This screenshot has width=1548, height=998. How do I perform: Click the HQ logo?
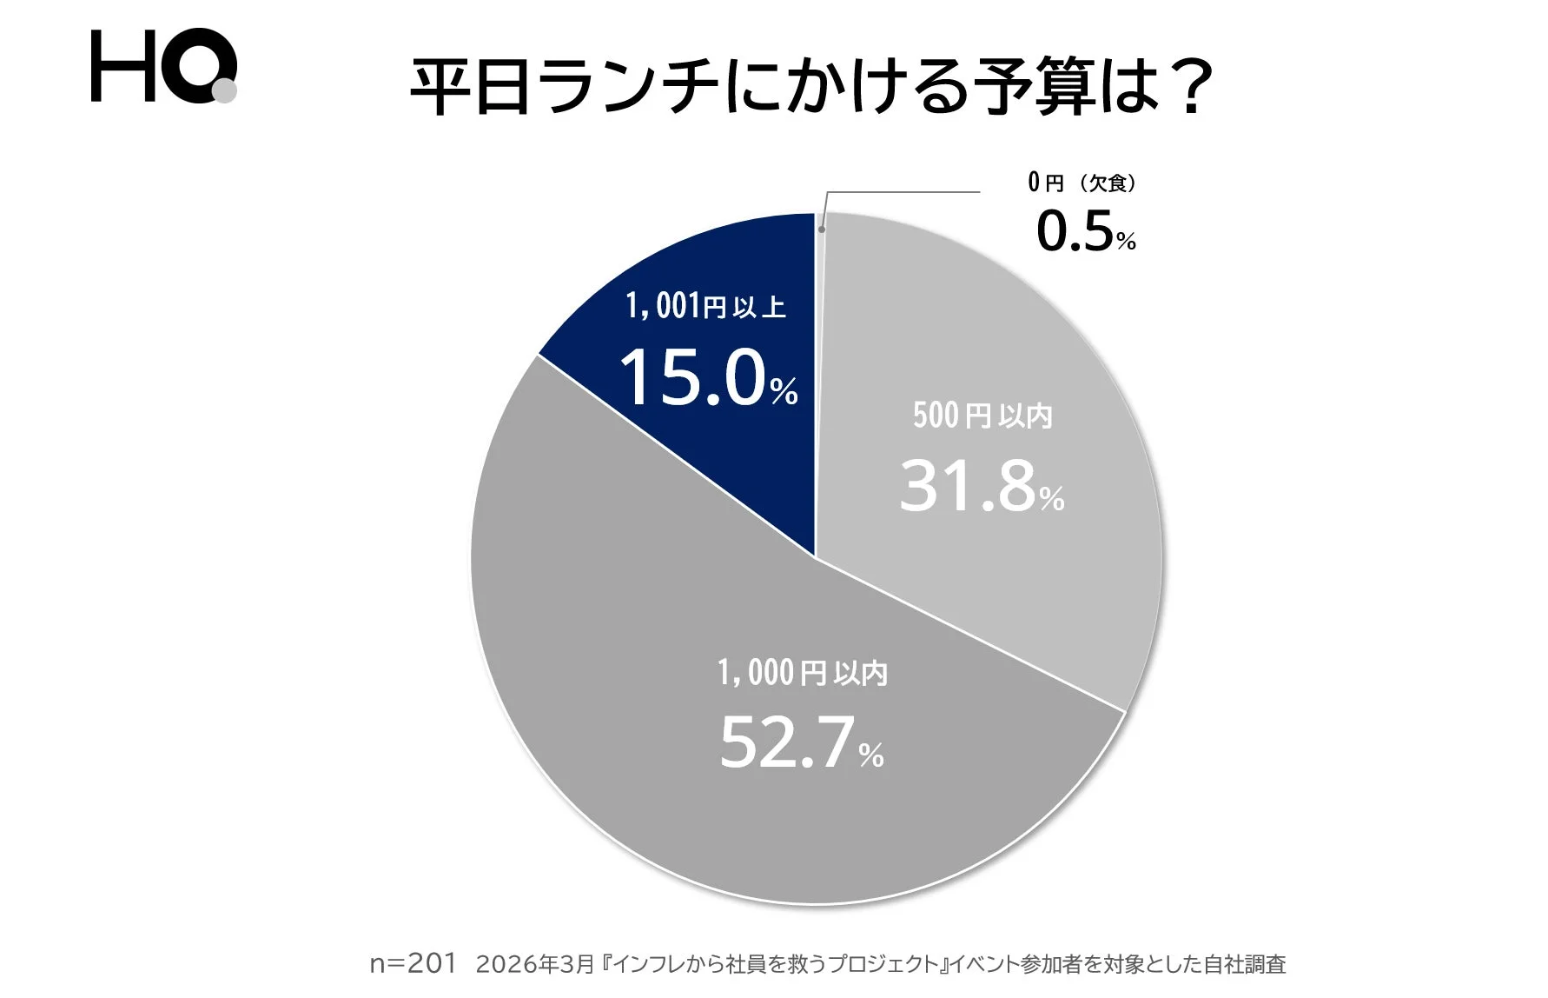point(162,66)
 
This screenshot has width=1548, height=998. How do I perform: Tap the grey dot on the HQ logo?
point(224,90)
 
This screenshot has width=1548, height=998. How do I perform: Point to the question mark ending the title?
point(1185,88)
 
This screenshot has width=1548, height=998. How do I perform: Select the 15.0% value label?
point(708,379)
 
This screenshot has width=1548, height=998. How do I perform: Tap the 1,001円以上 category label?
point(705,306)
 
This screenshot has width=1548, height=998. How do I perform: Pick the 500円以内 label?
point(982,416)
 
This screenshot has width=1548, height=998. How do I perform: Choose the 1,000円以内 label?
point(802,673)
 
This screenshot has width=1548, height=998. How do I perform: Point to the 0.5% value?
point(1085,232)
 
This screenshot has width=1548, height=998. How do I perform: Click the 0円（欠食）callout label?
point(1082,183)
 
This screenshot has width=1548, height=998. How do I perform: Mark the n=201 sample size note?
point(413,963)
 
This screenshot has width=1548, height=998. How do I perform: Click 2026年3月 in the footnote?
point(535,964)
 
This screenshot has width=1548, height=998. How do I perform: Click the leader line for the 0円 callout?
point(903,192)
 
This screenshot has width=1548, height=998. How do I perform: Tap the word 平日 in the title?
point(470,88)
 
